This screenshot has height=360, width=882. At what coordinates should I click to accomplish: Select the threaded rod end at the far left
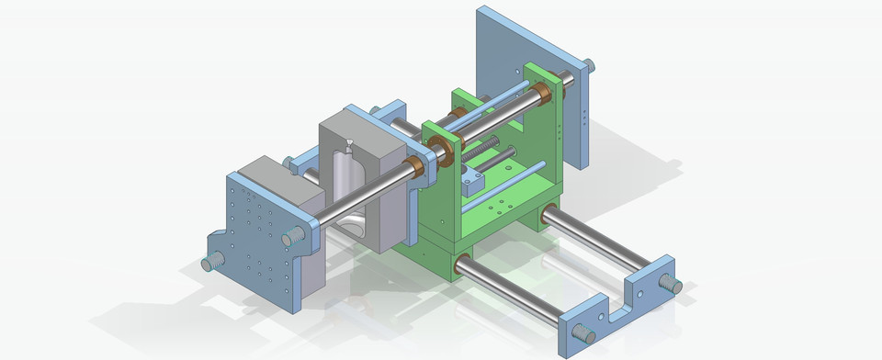point(210,264)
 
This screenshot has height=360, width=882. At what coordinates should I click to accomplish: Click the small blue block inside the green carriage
point(472,181)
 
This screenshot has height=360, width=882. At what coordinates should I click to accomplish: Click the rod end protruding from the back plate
point(588,65)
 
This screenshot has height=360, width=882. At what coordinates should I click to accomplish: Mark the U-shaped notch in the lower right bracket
point(632,292)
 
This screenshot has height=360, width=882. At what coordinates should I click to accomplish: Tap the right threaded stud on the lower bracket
point(673,285)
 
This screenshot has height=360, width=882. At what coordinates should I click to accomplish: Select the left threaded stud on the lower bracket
point(582,332)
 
